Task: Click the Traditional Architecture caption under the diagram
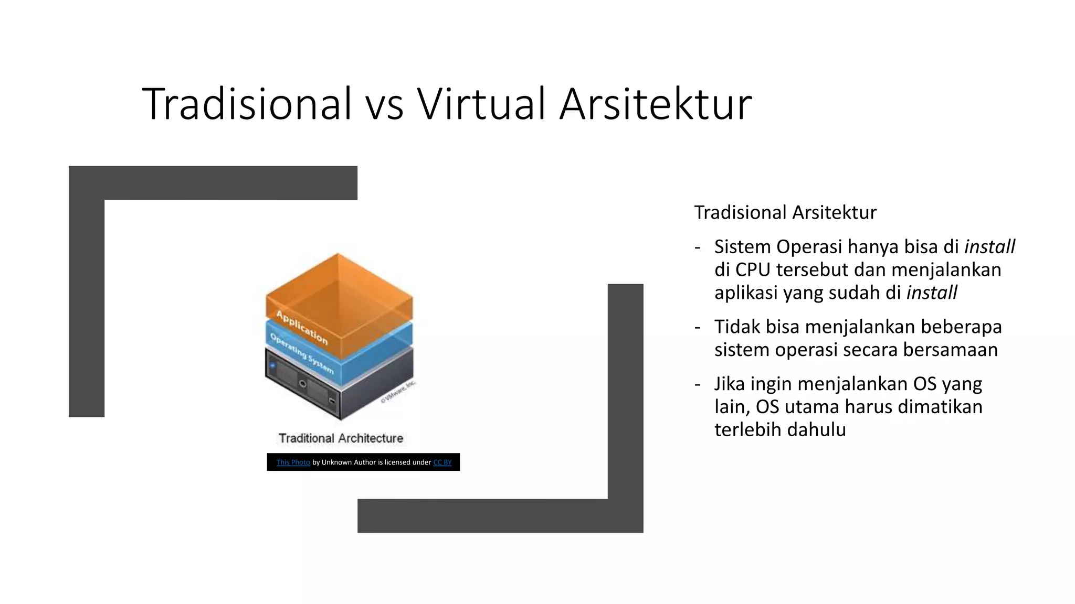[x=341, y=438]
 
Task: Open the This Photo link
[x=293, y=462]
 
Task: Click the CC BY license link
[x=442, y=462]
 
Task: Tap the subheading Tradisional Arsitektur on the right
[x=785, y=213]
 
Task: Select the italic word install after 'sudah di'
[x=932, y=293]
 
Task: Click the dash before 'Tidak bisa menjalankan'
[x=697, y=327]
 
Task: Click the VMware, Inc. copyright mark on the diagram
[x=398, y=392]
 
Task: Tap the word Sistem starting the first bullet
[x=743, y=247]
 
